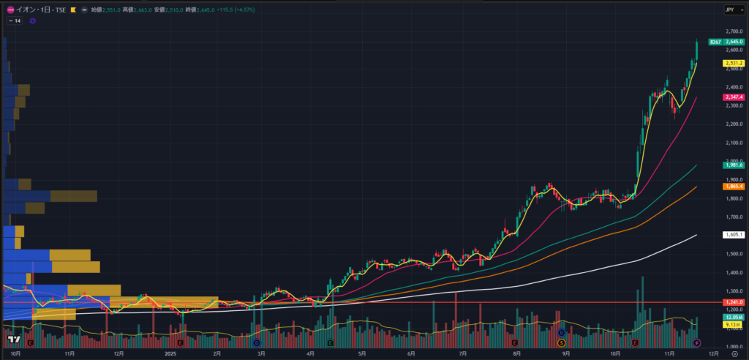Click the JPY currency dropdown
[730, 10]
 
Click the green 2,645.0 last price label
[734, 42]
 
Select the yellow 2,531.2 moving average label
[734, 64]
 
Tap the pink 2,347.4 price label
[734, 97]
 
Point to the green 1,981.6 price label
[734, 165]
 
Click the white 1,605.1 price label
[734, 235]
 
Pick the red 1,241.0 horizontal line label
[734, 302]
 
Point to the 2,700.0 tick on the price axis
[733, 32]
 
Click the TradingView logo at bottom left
[13, 340]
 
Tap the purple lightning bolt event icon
[696, 342]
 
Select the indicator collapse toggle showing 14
[15, 21]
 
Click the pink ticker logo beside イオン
[10, 10]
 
